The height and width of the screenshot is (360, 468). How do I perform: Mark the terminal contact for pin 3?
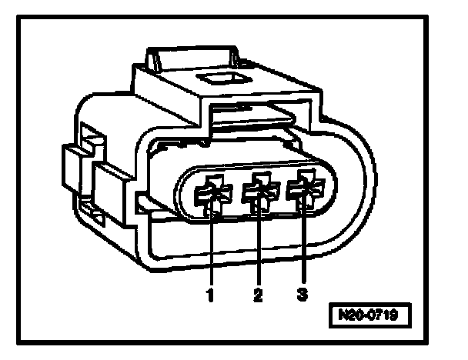(x=305, y=192)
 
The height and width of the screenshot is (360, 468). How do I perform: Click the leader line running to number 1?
(x=210, y=246)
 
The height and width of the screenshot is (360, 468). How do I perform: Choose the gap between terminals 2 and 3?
(x=282, y=192)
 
